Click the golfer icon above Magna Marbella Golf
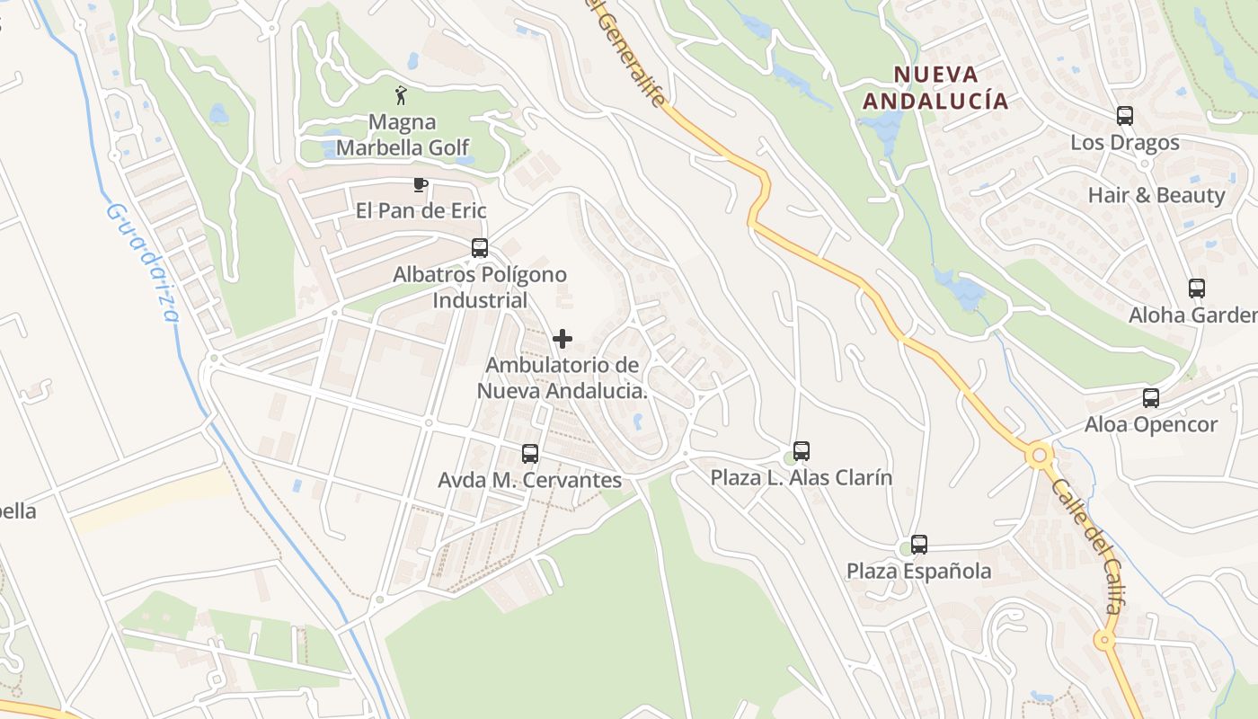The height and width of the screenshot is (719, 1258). point(402,94)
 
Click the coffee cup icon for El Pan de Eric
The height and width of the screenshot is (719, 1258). point(419,185)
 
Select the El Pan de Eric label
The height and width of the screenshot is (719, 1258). point(421,211)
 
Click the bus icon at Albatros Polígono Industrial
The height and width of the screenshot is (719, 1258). point(480,248)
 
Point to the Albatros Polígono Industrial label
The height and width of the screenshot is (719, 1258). point(480,288)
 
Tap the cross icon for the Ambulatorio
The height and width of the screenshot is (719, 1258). point(563,339)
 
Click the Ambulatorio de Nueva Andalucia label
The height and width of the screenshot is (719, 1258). point(562,378)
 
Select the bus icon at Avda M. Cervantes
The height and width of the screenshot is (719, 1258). point(530,454)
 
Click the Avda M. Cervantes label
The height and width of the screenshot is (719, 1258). point(529,481)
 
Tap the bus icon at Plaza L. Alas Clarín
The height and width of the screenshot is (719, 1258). point(802,451)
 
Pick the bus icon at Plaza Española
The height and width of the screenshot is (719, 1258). point(918,545)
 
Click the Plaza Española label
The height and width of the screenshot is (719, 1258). point(918,572)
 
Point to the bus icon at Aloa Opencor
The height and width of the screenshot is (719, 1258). point(1151,398)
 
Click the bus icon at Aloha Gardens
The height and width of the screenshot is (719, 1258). point(1197,288)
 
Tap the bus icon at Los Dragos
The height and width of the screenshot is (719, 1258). point(1125,116)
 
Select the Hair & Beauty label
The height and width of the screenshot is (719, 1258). point(1156,196)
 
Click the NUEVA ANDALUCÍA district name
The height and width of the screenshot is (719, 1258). point(935,87)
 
